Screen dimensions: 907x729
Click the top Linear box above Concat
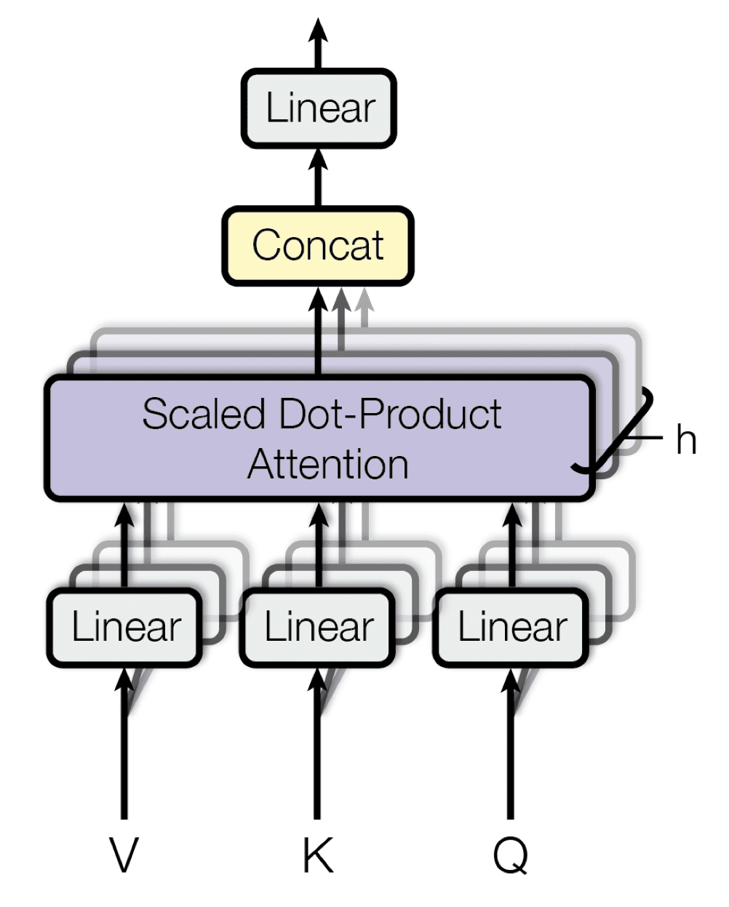(319, 108)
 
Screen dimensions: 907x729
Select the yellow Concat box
(318, 246)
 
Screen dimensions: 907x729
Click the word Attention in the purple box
(327, 464)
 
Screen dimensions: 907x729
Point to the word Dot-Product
(391, 415)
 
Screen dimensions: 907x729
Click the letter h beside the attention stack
(685, 439)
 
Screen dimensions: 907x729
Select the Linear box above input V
(125, 627)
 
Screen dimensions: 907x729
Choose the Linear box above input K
(318, 627)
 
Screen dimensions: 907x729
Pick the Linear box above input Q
(511, 627)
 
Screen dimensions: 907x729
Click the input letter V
(124, 855)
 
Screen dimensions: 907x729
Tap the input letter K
(318, 855)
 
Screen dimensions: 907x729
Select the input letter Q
(511, 855)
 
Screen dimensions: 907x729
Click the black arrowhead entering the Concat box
(318, 300)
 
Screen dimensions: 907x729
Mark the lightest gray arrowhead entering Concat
(365, 298)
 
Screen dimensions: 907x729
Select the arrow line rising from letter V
(124, 764)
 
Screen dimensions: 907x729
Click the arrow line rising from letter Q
(511, 764)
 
